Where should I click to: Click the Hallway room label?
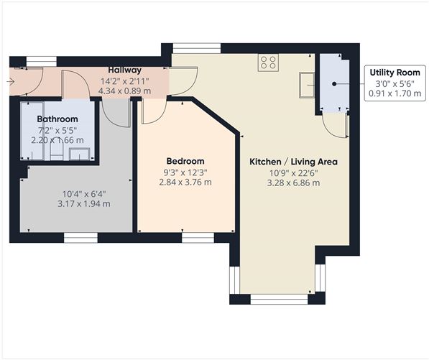[x=125, y=70]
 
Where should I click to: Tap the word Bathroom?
[x=57, y=119]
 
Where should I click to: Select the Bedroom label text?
[x=185, y=161]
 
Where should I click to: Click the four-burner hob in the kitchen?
[x=269, y=63]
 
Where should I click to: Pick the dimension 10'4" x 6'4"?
[x=86, y=193]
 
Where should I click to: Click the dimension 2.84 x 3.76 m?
[x=185, y=182]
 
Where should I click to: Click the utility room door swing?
[x=336, y=123]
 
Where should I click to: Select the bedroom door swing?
[x=153, y=111]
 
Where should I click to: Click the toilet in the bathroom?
[x=55, y=152]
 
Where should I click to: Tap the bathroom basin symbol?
[x=83, y=153]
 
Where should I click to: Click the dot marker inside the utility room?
[x=335, y=84]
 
